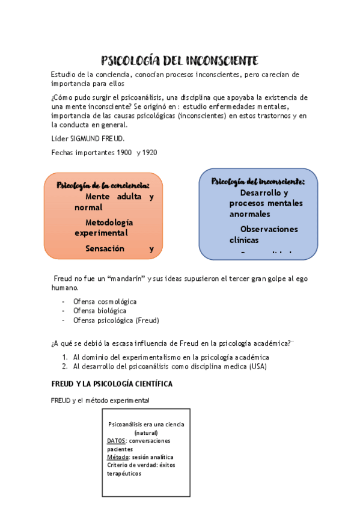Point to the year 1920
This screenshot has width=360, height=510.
[x=149, y=153]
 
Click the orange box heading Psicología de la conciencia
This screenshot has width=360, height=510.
[x=103, y=185]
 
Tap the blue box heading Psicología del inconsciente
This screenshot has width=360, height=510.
[x=258, y=182]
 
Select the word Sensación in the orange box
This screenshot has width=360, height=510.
[x=105, y=248]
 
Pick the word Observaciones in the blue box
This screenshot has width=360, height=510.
[x=269, y=229]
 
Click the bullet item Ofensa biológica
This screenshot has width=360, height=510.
[x=99, y=311]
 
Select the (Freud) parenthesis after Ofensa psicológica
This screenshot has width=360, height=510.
[x=147, y=321]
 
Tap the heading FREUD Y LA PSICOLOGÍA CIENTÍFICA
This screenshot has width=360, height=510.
[x=112, y=383]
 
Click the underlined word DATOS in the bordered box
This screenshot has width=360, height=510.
[x=117, y=441]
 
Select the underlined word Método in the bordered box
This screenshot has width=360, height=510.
[x=118, y=457]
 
